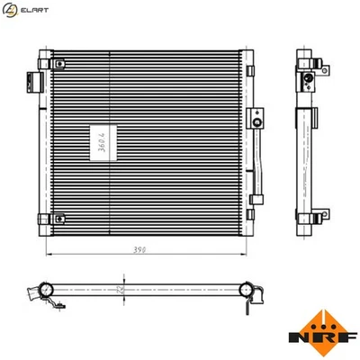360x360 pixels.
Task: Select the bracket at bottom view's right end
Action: coord(256,292)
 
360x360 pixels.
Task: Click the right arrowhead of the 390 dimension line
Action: coord(241,250)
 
